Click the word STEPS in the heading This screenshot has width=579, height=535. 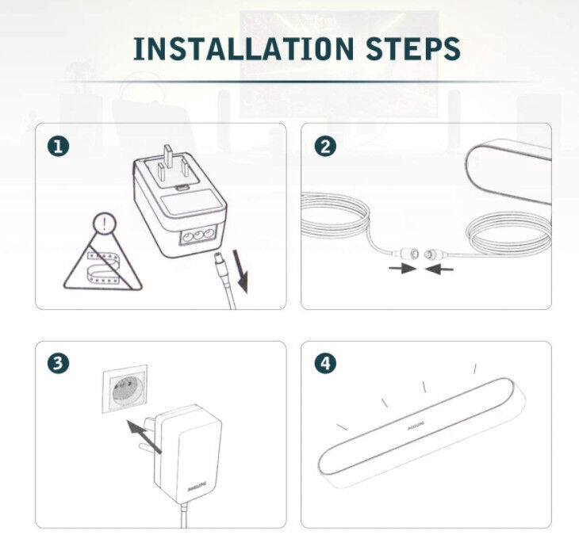tap(413, 48)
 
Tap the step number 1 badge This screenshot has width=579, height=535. tap(58, 147)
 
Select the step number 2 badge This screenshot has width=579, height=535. tap(325, 147)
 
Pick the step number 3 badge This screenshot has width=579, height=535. tap(58, 363)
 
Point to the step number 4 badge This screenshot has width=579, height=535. tap(325, 363)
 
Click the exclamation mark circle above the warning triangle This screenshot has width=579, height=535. tap(105, 224)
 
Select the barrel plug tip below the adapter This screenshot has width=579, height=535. tap(220, 265)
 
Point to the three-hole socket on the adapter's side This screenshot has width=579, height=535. tap(197, 236)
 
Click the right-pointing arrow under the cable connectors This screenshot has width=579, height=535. tap(402, 268)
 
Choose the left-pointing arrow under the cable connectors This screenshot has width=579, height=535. tap(439, 269)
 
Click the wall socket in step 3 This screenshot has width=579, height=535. tap(125, 388)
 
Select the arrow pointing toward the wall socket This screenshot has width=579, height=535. tap(144, 436)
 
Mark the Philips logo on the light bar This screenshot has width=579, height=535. tap(416, 426)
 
